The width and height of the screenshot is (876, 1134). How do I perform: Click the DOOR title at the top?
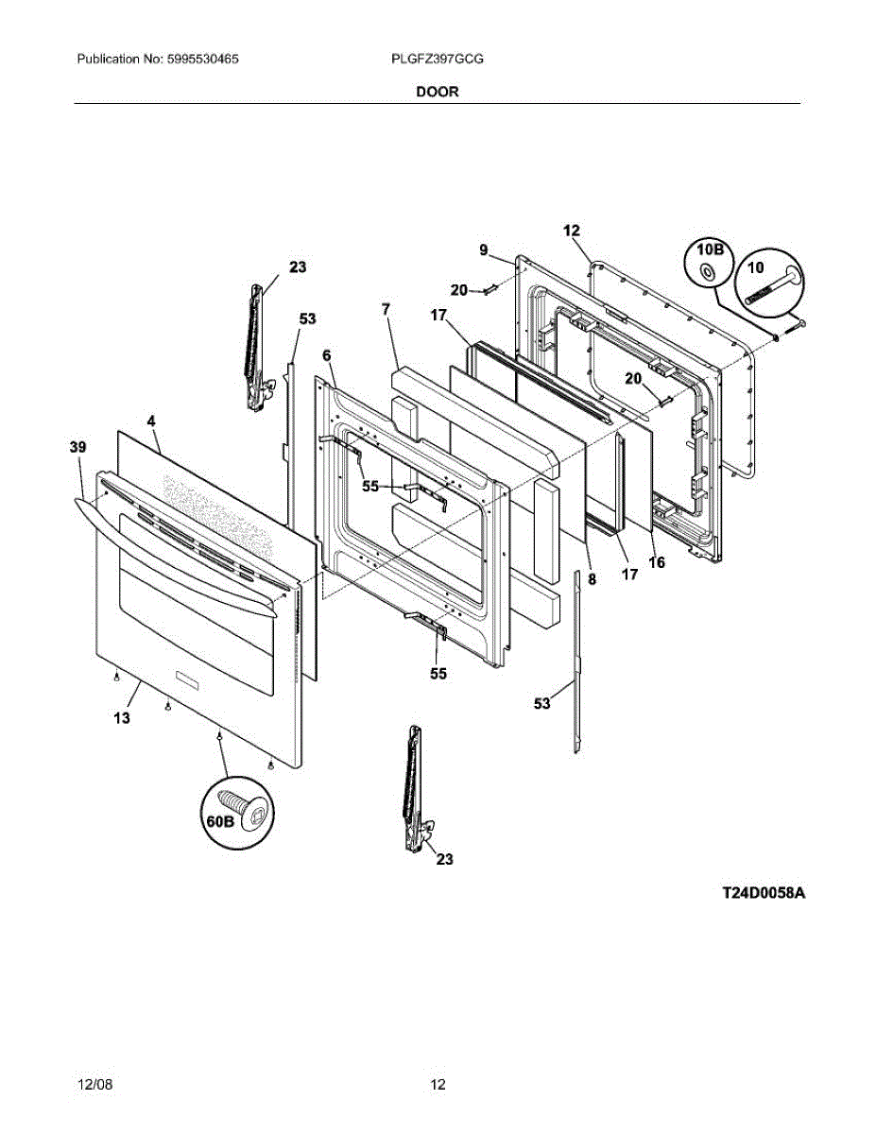[x=438, y=92]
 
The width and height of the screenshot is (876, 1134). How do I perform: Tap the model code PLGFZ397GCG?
[x=438, y=59]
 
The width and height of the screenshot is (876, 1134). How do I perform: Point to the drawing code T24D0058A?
[x=764, y=893]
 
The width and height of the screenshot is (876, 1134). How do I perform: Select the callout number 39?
[x=77, y=446]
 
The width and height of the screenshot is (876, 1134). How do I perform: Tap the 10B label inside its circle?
[x=710, y=250]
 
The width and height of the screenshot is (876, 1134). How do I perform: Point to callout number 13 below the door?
[x=122, y=718]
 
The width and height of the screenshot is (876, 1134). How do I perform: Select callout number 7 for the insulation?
[x=386, y=309]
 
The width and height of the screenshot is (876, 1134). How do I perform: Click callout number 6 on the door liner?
[x=326, y=354]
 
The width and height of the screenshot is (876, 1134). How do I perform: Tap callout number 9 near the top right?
[x=483, y=250]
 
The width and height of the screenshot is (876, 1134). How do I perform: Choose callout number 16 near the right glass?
[x=657, y=562]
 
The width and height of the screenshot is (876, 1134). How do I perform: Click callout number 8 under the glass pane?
[x=593, y=580]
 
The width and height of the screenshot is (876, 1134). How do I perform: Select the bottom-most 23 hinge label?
[x=444, y=859]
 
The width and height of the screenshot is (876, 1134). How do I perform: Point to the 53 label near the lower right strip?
[x=541, y=703]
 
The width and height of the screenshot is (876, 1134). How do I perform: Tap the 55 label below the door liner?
[x=438, y=674]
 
